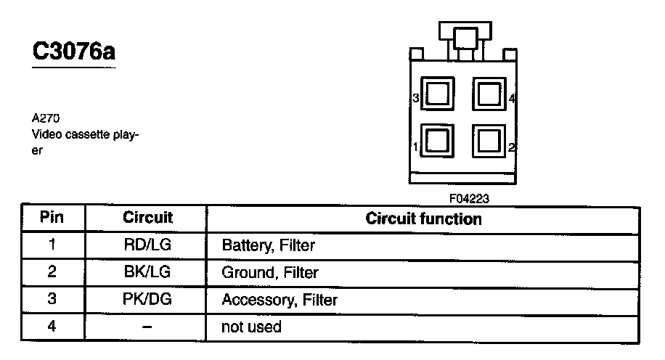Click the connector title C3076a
point(74,52)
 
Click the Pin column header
point(52,217)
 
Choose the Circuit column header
point(147,217)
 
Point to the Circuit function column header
point(423,218)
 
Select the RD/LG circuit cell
point(147,245)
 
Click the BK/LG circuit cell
point(147,273)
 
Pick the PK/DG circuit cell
point(147,300)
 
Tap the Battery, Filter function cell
point(269,245)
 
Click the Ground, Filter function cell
point(270,273)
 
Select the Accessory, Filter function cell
point(280,300)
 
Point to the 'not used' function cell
point(251,327)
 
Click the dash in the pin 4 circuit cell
point(147,327)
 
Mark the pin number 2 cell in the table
point(52,273)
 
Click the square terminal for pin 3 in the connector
point(438,94)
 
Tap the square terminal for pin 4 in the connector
point(489,94)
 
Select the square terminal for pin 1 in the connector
point(438,140)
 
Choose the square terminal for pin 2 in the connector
point(489,140)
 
